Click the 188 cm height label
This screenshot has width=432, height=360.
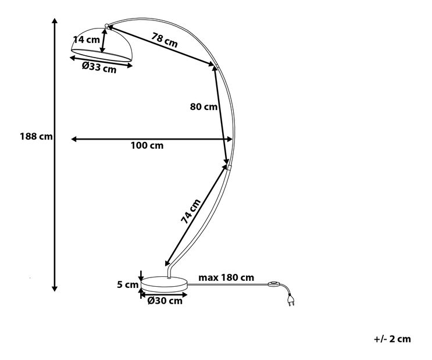click(x=36, y=136)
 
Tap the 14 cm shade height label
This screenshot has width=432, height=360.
click(x=87, y=40)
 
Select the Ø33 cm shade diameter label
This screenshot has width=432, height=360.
click(x=99, y=67)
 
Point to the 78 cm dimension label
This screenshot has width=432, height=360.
click(x=165, y=40)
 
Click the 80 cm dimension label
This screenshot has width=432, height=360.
click(x=203, y=106)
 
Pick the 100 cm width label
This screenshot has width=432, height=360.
click(x=147, y=145)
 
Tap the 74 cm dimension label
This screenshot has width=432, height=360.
click(x=191, y=211)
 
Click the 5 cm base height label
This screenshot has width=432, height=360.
click(x=127, y=284)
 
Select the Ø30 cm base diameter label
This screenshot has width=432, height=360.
click(x=165, y=301)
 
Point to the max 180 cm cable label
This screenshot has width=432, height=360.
click(x=226, y=277)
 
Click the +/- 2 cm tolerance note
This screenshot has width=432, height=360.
click(x=392, y=339)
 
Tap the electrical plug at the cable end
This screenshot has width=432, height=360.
click(x=291, y=300)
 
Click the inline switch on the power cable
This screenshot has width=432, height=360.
click(x=273, y=284)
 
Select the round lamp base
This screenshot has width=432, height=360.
click(x=164, y=283)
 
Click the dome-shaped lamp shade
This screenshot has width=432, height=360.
click(x=102, y=44)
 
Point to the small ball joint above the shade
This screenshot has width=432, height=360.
click(x=106, y=26)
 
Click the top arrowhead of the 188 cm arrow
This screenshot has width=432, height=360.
click(x=55, y=21)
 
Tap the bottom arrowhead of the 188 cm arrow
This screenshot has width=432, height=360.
click(x=55, y=288)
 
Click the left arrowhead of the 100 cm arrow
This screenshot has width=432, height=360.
click(x=74, y=139)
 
